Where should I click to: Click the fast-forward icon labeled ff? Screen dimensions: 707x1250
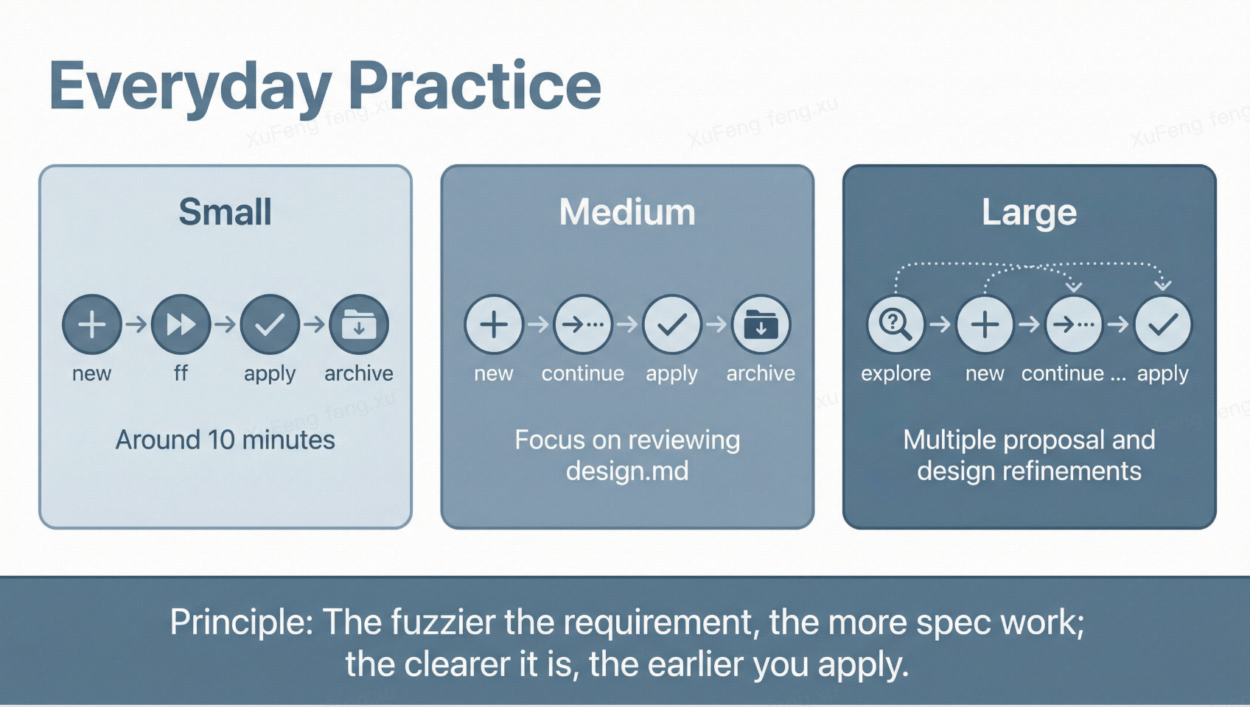tap(181, 324)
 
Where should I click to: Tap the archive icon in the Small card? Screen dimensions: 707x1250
tap(359, 324)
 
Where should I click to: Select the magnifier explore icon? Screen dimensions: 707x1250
tap(895, 324)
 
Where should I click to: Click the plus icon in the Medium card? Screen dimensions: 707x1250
tap(494, 324)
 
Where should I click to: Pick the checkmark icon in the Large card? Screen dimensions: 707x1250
tap(1162, 324)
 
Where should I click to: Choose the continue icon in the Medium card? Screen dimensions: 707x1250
tap(583, 324)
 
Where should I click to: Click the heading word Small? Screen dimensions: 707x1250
tap(225, 212)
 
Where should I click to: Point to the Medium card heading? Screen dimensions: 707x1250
tap(627, 212)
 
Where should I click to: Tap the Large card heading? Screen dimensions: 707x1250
tap(1029, 212)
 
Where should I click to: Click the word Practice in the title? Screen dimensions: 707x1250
tap(474, 86)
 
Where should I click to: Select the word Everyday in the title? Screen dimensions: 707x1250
tap(190, 88)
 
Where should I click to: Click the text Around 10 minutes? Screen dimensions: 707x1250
tap(225, 440)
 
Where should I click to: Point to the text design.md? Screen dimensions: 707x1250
tap(627, 471)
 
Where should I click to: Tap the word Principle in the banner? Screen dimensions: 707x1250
tap(242, 622)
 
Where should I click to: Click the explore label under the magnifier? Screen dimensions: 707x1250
tap(895, 373)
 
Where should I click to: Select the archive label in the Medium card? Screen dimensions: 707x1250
tap(761, 373)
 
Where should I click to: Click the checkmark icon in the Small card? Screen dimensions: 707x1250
tap(270, 324)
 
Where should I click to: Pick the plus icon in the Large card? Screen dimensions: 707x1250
tap(985, 324)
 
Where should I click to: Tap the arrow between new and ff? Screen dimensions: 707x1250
tap(136, 324)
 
